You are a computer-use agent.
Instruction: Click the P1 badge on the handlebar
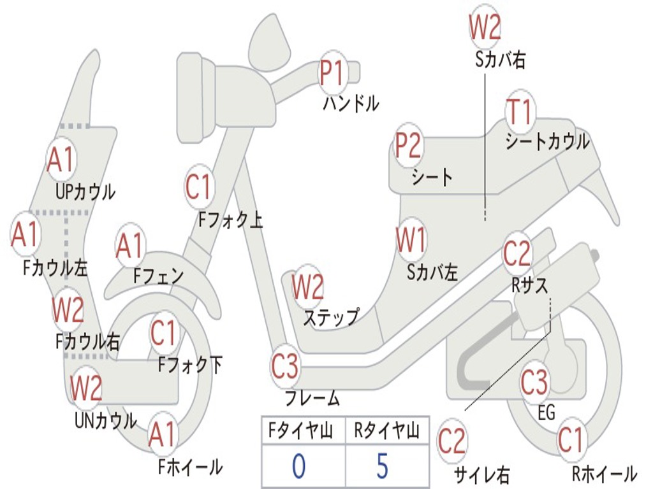pyautogui.click(x=332, y=73)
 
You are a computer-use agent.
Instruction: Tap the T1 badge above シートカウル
pyautogui.click(x=519, y=111)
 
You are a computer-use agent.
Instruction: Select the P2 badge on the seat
pyautogui.click(x=408, y=145)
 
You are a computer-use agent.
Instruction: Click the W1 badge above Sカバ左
pyautogui.click(x=411, y=240)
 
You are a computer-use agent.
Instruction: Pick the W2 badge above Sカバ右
pyautogui.click(x=485, y=27)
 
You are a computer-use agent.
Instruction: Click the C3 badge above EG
pyautogui.click(x=534, y=382)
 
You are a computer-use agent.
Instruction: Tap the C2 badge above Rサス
pyautogui.click(x=517, y=253)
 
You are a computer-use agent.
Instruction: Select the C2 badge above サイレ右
pyautogui.click(x=451, y=441)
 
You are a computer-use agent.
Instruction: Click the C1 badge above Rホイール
pyautogui.click(x=571, y=439)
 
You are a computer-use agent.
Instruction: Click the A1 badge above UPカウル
pyautogui.click(x=61, y=160)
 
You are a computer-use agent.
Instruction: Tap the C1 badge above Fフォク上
pyautogui.click(x=199, y=187)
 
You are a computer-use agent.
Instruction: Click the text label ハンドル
pyautogui.click(x=351, y=104)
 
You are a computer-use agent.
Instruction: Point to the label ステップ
pyautogui.click(x=331, y=317)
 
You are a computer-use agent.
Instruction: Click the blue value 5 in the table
pyautogui.click(x=383, y=465)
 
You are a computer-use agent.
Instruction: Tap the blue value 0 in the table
pyautogui.click(x=298, y=465)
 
